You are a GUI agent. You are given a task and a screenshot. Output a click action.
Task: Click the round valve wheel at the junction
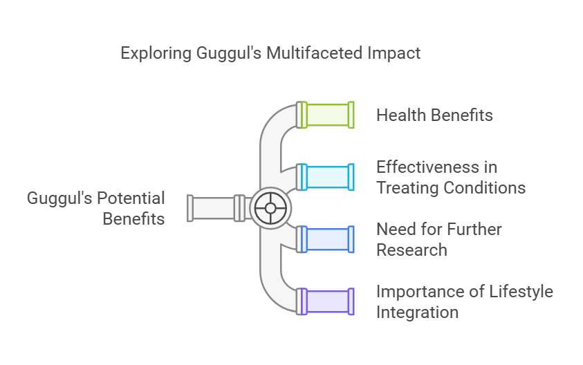point(270,208)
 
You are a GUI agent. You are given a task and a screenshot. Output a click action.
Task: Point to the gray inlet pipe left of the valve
point(218,208)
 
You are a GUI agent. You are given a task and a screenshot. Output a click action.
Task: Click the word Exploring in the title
point(156,53)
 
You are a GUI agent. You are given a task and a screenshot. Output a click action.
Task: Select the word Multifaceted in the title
point(315,53)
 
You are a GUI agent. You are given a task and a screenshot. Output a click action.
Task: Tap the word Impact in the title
point(394,53)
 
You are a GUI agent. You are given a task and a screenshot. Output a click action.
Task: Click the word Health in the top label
point(400,115)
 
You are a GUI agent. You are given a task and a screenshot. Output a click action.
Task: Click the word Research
point(412,250)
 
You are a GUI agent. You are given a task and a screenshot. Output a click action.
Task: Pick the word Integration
point(417,312)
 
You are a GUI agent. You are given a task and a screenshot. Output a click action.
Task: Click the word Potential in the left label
point(131,198)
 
